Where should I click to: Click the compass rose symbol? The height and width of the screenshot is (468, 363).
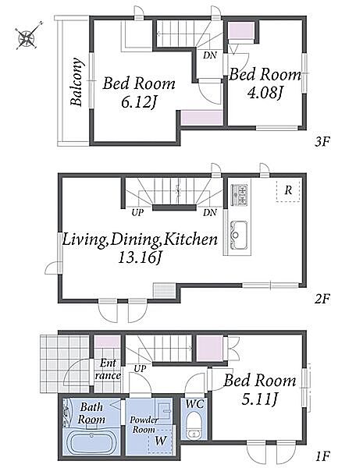(27, 37)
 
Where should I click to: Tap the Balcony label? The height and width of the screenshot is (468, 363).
(77, 82)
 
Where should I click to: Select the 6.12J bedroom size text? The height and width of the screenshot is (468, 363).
(139, 103)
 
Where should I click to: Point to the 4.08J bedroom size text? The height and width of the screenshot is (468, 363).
(265, 93)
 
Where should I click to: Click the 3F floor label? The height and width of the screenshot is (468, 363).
(322, 141)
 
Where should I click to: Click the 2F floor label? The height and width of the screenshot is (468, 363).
(322, 299)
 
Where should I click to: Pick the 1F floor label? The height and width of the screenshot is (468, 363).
(322, 456)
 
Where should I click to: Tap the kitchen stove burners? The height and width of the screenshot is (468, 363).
(239, 195)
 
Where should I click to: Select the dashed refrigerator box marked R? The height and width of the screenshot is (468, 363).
(288, 191)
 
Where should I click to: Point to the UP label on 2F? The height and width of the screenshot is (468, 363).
(137, 213)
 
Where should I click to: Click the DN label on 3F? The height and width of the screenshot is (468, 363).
(210, 55)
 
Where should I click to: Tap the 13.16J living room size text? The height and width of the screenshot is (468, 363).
(140, 257)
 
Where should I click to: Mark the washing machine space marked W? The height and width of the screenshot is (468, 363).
(161, 441)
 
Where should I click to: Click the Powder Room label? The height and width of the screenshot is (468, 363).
(144, 425)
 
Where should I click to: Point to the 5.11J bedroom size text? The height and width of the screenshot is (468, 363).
(259, 399)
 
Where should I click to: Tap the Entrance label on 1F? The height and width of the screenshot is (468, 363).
(108, 370)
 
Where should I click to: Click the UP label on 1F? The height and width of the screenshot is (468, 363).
(140, 369)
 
